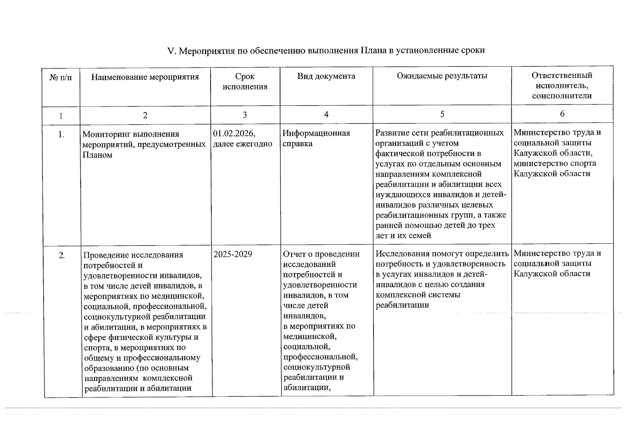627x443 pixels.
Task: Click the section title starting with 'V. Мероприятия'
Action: click(326, 50)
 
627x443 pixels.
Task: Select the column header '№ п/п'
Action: click(61, 78)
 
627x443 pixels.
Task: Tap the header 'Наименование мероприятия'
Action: click(145, 77)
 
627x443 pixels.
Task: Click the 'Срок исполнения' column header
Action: click(245, 82)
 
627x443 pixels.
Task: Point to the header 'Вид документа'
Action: click(326, 76)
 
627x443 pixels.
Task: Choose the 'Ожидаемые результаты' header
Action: click(442, 76)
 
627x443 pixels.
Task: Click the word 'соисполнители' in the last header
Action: click(562, 96)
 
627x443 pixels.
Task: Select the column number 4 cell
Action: click(326, 115)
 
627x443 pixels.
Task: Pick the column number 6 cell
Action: click(562, 114)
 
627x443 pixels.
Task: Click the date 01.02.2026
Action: click(234, 133)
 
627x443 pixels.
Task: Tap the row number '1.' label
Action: click(61, 135)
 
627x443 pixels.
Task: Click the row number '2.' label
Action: click(62, 255)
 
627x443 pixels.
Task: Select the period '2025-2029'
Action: click(233, 254)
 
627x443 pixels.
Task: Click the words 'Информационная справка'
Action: click(316, 138)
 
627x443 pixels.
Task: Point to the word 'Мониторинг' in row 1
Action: click(107, 134)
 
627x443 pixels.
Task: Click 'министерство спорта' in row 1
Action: click(555, 163)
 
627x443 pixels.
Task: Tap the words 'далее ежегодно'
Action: click(242, 144)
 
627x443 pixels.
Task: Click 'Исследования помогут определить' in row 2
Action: click(442, 254)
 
